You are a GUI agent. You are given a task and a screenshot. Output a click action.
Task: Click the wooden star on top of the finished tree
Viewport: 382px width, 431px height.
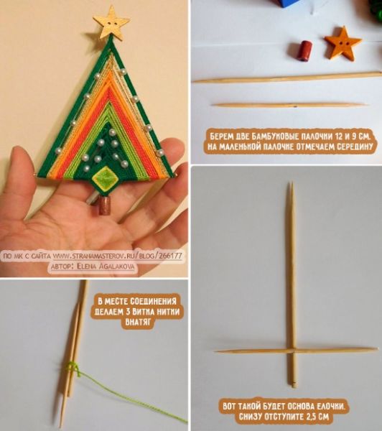111,22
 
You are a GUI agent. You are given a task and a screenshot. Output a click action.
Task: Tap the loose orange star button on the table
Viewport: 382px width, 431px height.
343,44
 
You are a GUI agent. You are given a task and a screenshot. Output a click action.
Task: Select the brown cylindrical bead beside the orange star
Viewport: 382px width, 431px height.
304,51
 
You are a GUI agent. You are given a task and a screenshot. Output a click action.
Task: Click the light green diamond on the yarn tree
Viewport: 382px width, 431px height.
106,179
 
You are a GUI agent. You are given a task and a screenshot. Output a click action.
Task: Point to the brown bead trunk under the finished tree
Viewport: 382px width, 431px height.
104,206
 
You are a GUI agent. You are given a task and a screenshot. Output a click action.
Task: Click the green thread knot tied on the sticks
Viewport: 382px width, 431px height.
73,368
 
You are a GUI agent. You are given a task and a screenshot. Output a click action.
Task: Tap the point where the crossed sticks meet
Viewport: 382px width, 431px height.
292,351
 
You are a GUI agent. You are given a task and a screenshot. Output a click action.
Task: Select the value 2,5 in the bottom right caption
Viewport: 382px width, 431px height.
302,417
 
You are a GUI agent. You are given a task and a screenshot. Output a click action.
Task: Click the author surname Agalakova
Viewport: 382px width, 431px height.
113,267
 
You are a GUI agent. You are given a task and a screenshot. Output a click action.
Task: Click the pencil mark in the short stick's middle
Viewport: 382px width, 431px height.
294,106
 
